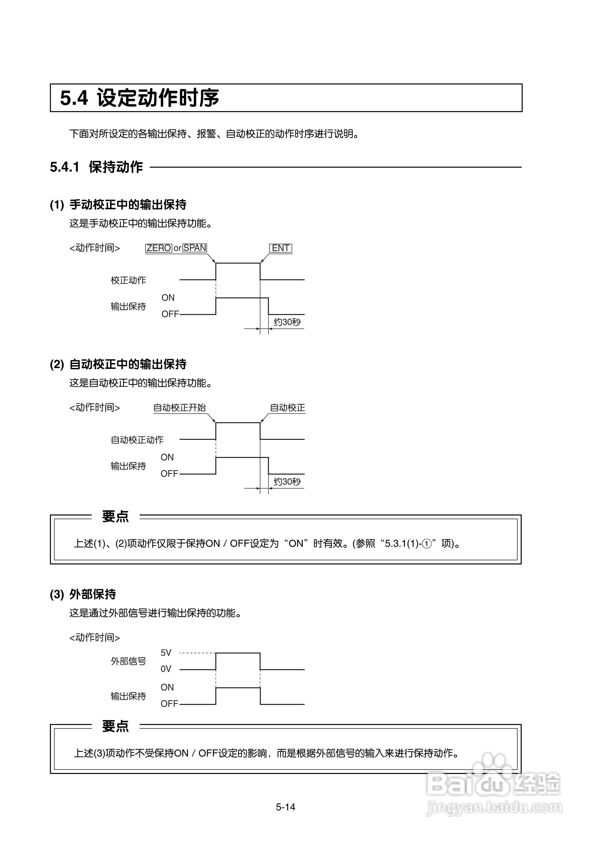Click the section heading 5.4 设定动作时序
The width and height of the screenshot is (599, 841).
(139, 98)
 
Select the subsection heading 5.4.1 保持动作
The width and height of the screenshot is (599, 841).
(97, 167)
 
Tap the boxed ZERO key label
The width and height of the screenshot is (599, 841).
(159, 248)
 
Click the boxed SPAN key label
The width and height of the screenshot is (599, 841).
(195, 248)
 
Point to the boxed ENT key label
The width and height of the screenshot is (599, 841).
(280, 248)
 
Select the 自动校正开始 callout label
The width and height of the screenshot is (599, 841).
(179, 408)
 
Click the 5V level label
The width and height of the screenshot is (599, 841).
(166, 653)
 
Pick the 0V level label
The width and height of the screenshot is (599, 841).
(166, 669)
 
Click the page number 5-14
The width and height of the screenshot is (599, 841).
(286, 807)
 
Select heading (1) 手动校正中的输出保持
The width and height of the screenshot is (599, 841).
(118, 204)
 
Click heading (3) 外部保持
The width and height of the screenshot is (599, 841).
(83, 594)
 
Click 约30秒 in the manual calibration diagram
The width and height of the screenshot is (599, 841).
(287, 322)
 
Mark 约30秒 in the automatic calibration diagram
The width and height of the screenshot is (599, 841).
(287, 482)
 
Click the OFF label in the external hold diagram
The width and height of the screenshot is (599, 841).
(169, 703)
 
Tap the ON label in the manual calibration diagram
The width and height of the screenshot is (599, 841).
(168, 298)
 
